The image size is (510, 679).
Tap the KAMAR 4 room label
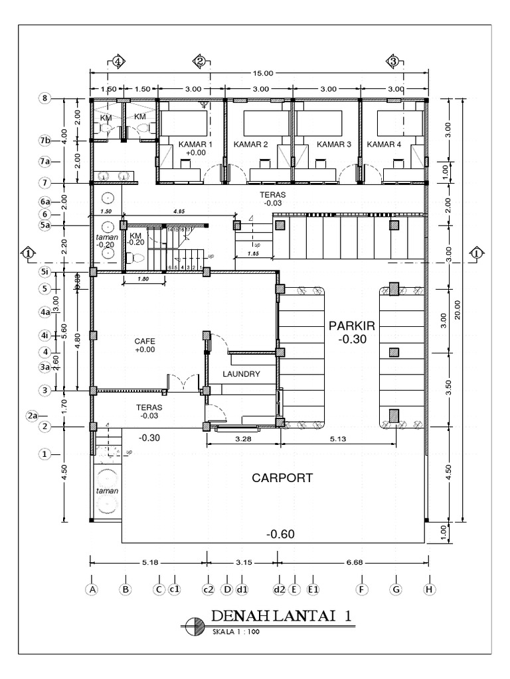tap(384, 145)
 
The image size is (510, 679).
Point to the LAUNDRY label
tap(241, 374)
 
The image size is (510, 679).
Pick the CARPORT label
tap(282, 477)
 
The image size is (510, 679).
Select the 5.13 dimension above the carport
tap(340, 438)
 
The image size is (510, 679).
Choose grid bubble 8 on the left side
tap(45, 98)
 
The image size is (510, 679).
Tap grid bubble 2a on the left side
tap(33, 416)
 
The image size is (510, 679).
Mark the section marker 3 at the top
tap(393, 61)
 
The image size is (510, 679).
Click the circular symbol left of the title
tap(195, 625)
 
